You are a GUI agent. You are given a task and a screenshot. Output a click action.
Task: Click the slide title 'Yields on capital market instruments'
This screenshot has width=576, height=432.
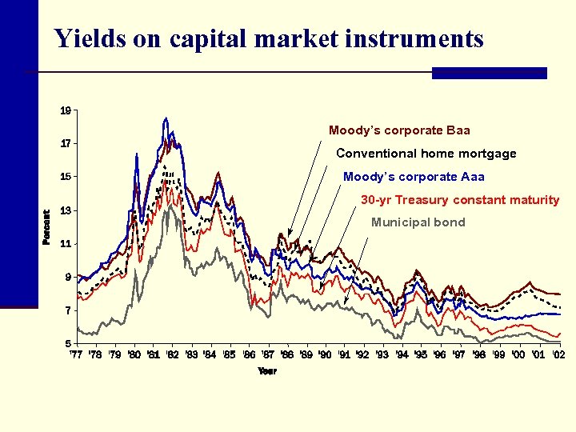[x=269, y=38]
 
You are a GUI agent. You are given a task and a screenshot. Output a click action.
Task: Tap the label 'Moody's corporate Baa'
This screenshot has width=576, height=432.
[x=399, y=130]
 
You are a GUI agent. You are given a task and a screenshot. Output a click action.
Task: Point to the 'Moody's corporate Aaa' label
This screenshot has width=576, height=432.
[x=414, y=177]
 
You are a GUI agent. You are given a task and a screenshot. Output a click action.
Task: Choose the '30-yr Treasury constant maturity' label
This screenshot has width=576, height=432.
[x=460, y=200]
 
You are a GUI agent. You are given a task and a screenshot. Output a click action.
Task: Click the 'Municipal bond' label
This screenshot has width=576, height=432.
[x=418, y=222]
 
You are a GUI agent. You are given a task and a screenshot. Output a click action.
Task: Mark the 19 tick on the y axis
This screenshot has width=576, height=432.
[x=66, y=110]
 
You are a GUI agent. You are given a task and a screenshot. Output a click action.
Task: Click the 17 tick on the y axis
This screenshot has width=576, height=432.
[x=66, y=144]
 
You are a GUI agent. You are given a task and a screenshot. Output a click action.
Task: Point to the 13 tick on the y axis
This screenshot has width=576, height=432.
[x=66, y=210]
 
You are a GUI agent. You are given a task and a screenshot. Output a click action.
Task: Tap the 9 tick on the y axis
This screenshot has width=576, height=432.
[x=67, y=278]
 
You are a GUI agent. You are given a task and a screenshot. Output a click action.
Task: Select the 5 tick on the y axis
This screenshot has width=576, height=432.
[x=67, y=343]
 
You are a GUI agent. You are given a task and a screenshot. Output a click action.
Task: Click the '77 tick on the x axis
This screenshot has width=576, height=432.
[x=76, y=354]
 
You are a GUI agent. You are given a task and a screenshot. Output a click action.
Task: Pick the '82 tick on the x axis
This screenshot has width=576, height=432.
[x=171, y=354]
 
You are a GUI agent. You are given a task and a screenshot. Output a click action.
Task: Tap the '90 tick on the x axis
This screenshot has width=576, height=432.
[x=324, y=354]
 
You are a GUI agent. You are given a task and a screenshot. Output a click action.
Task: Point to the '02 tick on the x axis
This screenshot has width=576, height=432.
[x=557, y=354]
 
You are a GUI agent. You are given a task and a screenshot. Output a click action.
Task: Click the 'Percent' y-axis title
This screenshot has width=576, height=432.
[x=46, y=227]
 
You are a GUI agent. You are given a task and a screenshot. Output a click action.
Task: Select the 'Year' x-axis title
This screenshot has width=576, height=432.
[x=266, y=371]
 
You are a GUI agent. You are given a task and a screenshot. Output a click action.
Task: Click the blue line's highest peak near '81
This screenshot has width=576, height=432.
[x=166, y=118]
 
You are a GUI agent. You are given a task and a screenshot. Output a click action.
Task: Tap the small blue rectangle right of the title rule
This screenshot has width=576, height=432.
[x=489, y=73]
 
